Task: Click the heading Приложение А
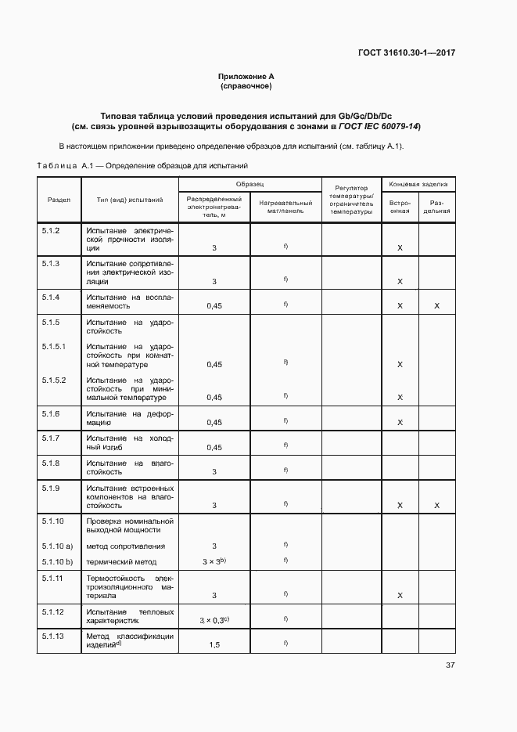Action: (x=246, y=76)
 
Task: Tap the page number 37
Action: (x=451, y=665)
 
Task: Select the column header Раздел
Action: (x=59, y=200)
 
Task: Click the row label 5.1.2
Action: (x=51, y=232)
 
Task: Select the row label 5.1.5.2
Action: (x=54, y=380)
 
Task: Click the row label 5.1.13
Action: (x=52, y=636)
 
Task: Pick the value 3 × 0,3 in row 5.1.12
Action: (x=214, y=620)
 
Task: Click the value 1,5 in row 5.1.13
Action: (x=214, y=644)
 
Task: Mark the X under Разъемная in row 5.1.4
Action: (x=437, y=306)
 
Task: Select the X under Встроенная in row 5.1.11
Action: (x=400, y=596)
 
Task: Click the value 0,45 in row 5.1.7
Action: (x=214, y=448)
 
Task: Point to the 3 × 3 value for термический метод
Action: (x=214, y=562)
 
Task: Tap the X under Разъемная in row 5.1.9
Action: (x=437, y=506)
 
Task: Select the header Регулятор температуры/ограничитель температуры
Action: (x=351, y=200)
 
